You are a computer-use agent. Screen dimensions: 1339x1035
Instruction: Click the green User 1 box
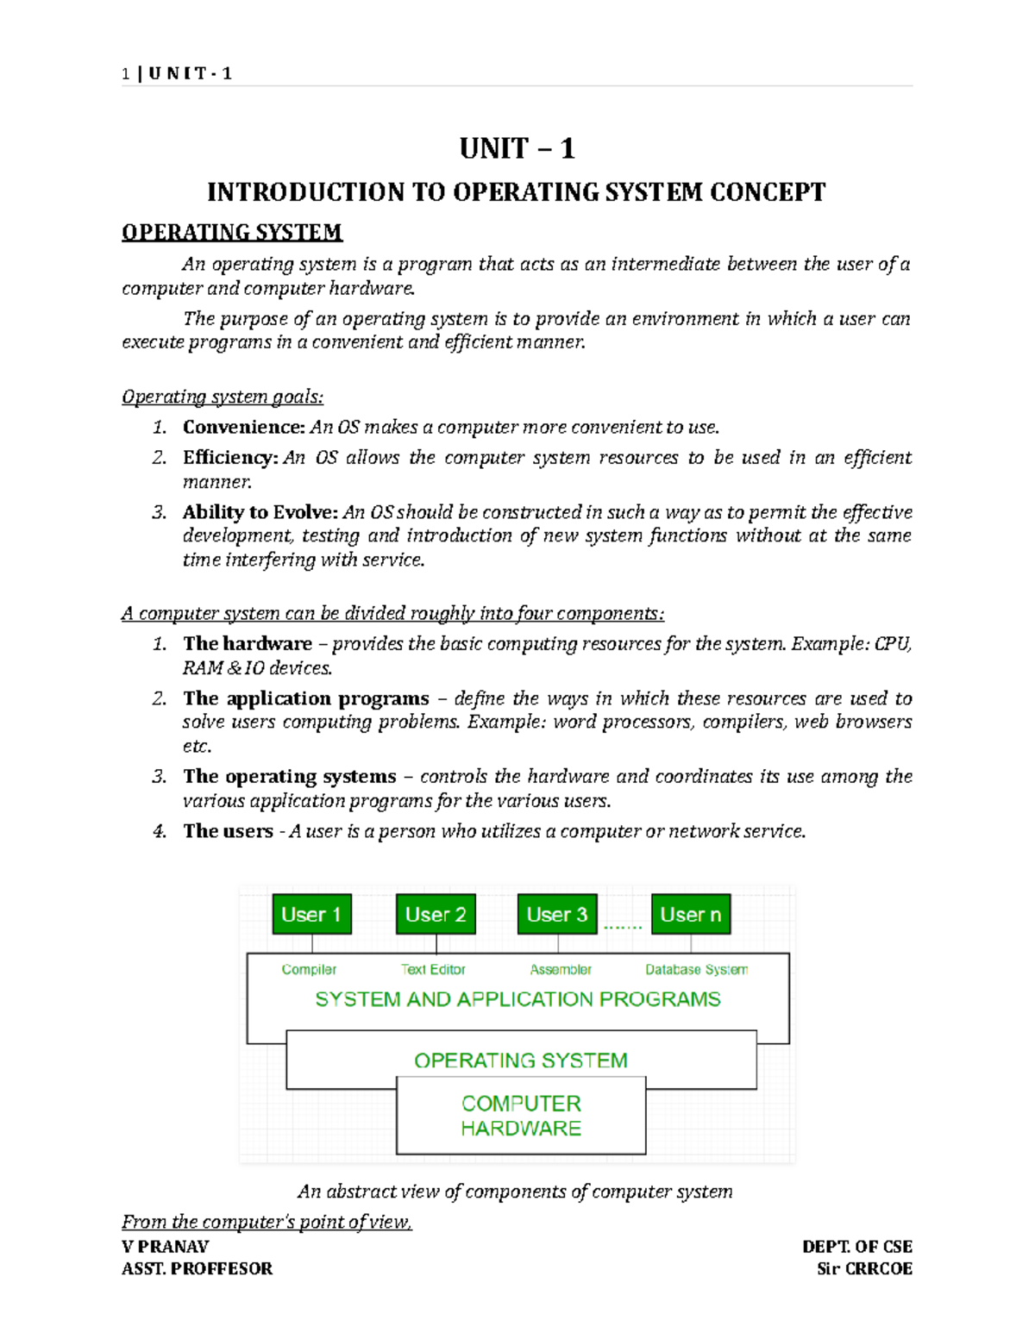311,914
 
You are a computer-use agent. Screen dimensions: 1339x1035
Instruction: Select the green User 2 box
436,914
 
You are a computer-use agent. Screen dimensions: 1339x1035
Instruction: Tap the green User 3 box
557,914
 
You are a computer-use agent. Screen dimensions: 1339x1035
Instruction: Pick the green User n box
691,914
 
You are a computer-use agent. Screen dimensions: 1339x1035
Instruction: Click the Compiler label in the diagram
309,970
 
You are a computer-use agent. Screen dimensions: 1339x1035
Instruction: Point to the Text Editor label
433,970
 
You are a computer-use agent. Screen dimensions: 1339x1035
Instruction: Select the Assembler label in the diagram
561,970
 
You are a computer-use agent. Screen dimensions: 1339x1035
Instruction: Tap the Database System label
696,970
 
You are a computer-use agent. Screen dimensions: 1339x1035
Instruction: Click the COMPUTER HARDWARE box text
521,1116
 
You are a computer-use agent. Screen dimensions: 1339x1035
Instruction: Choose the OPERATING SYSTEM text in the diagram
521,1061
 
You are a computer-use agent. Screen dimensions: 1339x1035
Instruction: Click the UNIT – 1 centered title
517,149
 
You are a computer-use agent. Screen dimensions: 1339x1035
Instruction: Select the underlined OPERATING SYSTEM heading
232,233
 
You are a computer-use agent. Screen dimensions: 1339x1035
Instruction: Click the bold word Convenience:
244,428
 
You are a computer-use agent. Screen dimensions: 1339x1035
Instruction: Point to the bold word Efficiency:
230,458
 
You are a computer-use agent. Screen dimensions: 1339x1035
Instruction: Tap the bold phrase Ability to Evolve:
260,512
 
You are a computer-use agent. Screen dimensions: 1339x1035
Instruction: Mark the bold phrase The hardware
248,644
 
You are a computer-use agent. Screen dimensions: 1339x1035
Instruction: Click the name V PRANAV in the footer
166,1247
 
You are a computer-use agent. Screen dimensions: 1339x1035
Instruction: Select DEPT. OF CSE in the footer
856,1247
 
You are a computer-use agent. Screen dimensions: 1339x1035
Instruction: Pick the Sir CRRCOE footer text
864,1269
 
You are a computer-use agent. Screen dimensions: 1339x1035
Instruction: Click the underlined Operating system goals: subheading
223,397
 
